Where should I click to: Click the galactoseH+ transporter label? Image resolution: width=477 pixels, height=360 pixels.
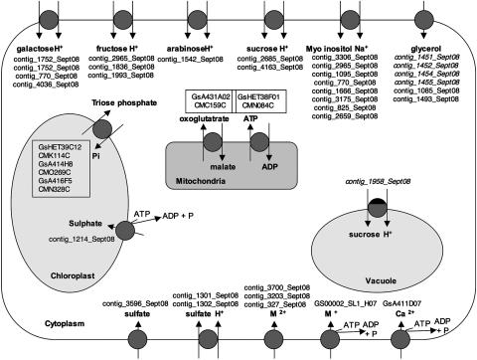[x=47, y=46]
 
